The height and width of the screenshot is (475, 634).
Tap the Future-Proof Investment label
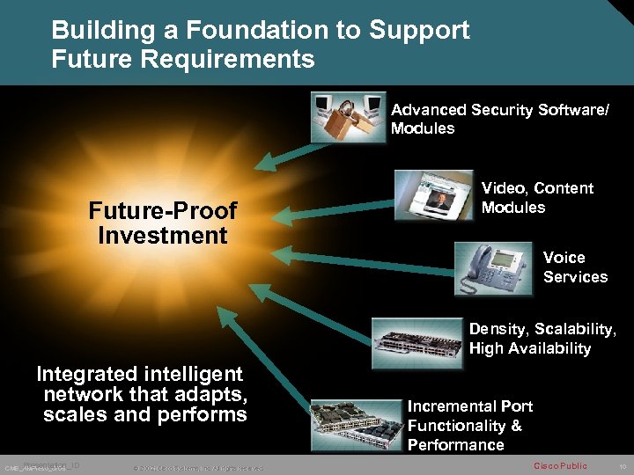pyautogui.click(x=163, y=223)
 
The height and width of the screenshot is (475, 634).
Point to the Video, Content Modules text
pyautogui.click(x=536, y=198)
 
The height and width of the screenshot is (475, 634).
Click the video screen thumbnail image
pyautogui.click(x=433, y=195)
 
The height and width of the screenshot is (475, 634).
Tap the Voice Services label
pyautogui.click(x=575, y=267)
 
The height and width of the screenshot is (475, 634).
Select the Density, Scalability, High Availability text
pyautogui.click(x=542, y=339)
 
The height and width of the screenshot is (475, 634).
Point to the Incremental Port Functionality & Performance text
pyautogui.click(x=469, y=426)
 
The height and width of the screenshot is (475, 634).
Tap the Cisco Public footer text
pyautogui.click(x=560, y=465)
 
